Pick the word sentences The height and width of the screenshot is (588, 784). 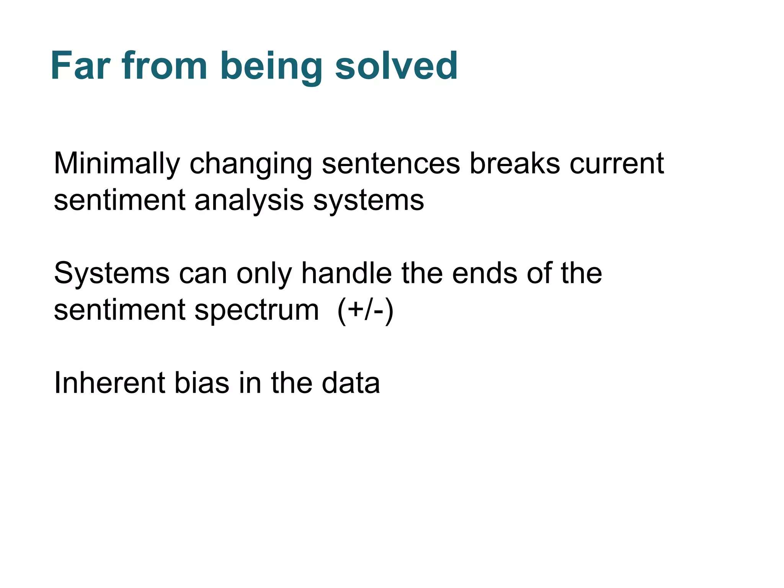click(x=390, y=164)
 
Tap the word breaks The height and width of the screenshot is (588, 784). click(x=514, y=163)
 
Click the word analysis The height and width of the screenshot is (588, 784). click(x=249, y=201)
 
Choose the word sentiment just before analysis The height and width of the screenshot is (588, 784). click(x=119, y=200)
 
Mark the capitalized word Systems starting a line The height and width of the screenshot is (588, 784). click(x=111, y=274)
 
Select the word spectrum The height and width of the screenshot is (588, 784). click(x=256, y=311)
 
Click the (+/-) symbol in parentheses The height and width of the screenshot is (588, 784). click(x=365, y=310)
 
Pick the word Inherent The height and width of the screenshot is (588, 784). click(x=109, y=382)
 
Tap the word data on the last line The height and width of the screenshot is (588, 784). click(x=351, y=382)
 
